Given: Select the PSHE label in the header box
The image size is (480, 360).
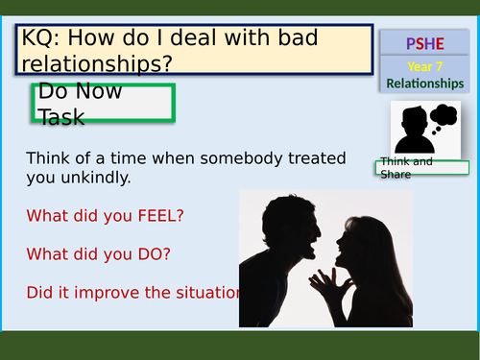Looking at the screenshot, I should (425, 43).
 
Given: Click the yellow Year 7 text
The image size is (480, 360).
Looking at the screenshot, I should (425, 66).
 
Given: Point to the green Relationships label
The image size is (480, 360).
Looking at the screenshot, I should (425, 84).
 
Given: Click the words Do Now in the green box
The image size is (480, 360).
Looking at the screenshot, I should (76, 95).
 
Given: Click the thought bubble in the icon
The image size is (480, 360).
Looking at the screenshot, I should (444, 117).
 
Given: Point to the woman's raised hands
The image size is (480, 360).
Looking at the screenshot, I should (335, 286).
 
